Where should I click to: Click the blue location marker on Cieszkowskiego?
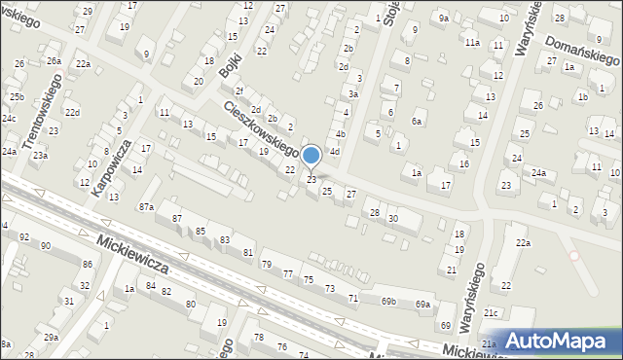coord(311,156)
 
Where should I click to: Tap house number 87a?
coord(146,206)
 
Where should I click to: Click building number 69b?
coord(388,302)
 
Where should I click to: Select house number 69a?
coord(421,305)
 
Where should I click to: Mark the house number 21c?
coord(493,312)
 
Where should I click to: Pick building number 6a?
coord(417,121)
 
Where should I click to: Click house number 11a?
coord(472,43)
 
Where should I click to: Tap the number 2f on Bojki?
coord(238,91)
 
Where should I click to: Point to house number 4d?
coord(334,152)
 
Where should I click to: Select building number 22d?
coord(72,114)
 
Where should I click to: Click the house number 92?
coord(24,236)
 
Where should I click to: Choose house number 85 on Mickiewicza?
coord(201,231)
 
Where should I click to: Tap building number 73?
coord(329,288)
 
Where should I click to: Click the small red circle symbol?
coord(574,256)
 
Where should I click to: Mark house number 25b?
coord(17,97)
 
